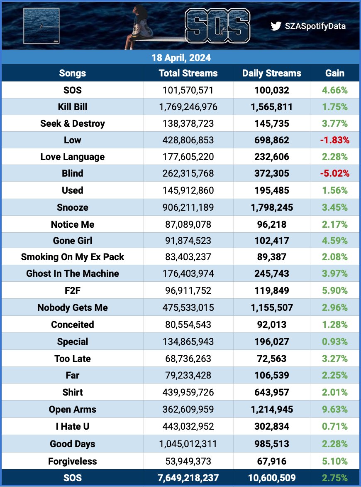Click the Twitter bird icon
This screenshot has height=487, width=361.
pyautogui.click(x=276, y=26)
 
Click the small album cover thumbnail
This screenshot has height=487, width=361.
pyautogui.click(x=41, y=25)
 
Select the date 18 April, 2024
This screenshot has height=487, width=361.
pyautogui.click(x=180, y=57)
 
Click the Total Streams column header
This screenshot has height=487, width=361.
pyautogui.click(x=188, y=73)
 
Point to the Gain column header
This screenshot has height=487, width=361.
pyautogui.click(x=334, y=73)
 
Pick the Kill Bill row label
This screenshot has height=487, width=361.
pyautogui.click(x=73, y=107)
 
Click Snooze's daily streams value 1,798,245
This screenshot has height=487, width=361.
pyautogui.click(x=271, y=207)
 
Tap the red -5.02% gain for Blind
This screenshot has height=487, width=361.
pyautogui.click(x=334, y=173)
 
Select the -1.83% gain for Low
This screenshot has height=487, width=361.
pyautogui.click(x=334, y=140)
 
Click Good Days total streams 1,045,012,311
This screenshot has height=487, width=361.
pyautogui.click(x=188, y=444)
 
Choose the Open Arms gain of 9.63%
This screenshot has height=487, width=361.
pyautogui.click(x=334, y=409)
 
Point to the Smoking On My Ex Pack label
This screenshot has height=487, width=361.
pyautogui.click(x=73, y=257)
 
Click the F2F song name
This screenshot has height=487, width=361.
pyautogui.click(x=73, y=290)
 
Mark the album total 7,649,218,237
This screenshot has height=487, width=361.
pyautogui.click(x=188, y=478)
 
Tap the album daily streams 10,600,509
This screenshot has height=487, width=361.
pyautogui.click(x=271, y=478)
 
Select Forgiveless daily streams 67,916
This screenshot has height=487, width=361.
pyautogui.click(x=271, y=461)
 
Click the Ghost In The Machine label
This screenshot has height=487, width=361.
pyautogui.click(x=73, y=273)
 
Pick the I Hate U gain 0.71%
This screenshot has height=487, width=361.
pyautogui.click(x=334, y=426)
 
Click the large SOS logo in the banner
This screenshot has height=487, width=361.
pyautogui.click(x=217, y=25)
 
